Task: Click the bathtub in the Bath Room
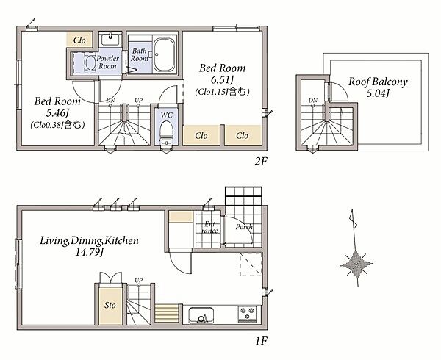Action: [x=165, y=55]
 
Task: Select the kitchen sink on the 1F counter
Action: [x=201, y=315]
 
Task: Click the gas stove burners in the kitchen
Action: [x=247, y=314]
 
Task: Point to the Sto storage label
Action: [x=110, y=305]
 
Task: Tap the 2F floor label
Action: [x=260, y=162]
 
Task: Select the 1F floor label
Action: [x=261, y=341]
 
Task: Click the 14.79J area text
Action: [x=90, y=252]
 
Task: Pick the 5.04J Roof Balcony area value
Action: [x=378, y=93]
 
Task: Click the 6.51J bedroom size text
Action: [x=222, y=80]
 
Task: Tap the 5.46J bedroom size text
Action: [x=57, y=113]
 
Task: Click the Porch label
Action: [x=244, y=226]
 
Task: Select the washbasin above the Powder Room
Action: [x=110, y=40]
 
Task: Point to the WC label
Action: [x=167, y=115]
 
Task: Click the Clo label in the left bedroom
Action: [x=79, y=40]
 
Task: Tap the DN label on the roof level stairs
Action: [x=313, y=100]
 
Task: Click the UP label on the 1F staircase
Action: [x=138, y=280]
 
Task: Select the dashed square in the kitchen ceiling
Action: [x=251, y=264]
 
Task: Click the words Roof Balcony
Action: [x=378, y=82]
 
